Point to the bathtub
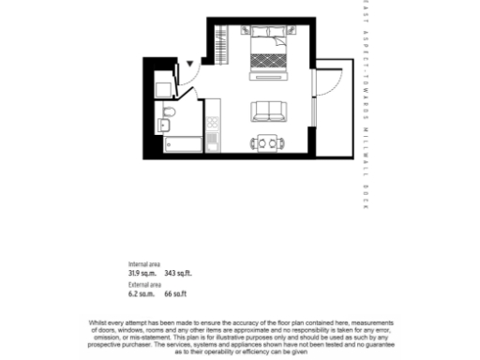tap(183, 144)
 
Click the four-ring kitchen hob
tap(213, 122)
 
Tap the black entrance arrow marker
tap(189, 65)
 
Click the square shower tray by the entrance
tap(164, 89)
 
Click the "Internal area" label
tap(144, 263)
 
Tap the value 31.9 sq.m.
tap(142, 273)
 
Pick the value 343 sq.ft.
tap(177, 273)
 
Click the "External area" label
tap(144, 284)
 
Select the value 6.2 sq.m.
tap(141, 293)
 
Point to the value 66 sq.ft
tap(174, 293)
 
